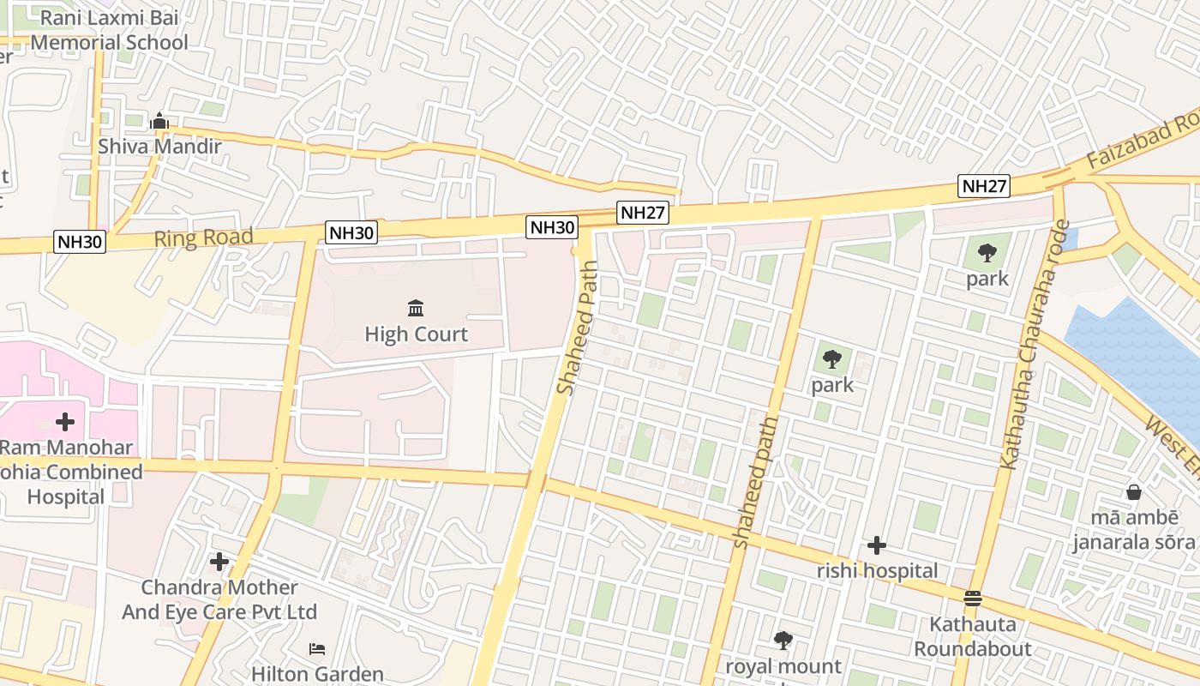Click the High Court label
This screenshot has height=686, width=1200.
point(417,334)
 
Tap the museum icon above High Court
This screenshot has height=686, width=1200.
point(416,308)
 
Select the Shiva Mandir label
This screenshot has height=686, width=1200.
point(159,146)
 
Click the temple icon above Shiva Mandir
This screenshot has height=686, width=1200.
point(159,122)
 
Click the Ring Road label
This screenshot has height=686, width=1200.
point(203,238)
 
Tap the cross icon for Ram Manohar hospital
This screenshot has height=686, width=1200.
point(65,421)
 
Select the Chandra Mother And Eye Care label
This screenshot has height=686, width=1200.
point(219,599)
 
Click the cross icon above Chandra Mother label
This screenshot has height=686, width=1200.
point(219,562)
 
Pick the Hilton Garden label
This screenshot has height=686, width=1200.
point(317,674)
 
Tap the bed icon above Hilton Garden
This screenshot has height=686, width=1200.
point(317,648)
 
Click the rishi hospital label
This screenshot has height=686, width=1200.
point(877,570)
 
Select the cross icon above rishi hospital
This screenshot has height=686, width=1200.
point(876,545)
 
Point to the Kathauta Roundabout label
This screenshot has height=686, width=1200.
point(973,635)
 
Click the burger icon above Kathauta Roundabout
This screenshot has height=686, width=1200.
point(972,598)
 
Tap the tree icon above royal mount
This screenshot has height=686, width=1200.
point(783,640)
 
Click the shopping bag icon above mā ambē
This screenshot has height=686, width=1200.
point(1133,492)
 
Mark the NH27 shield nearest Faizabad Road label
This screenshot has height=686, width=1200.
point(984,186)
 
